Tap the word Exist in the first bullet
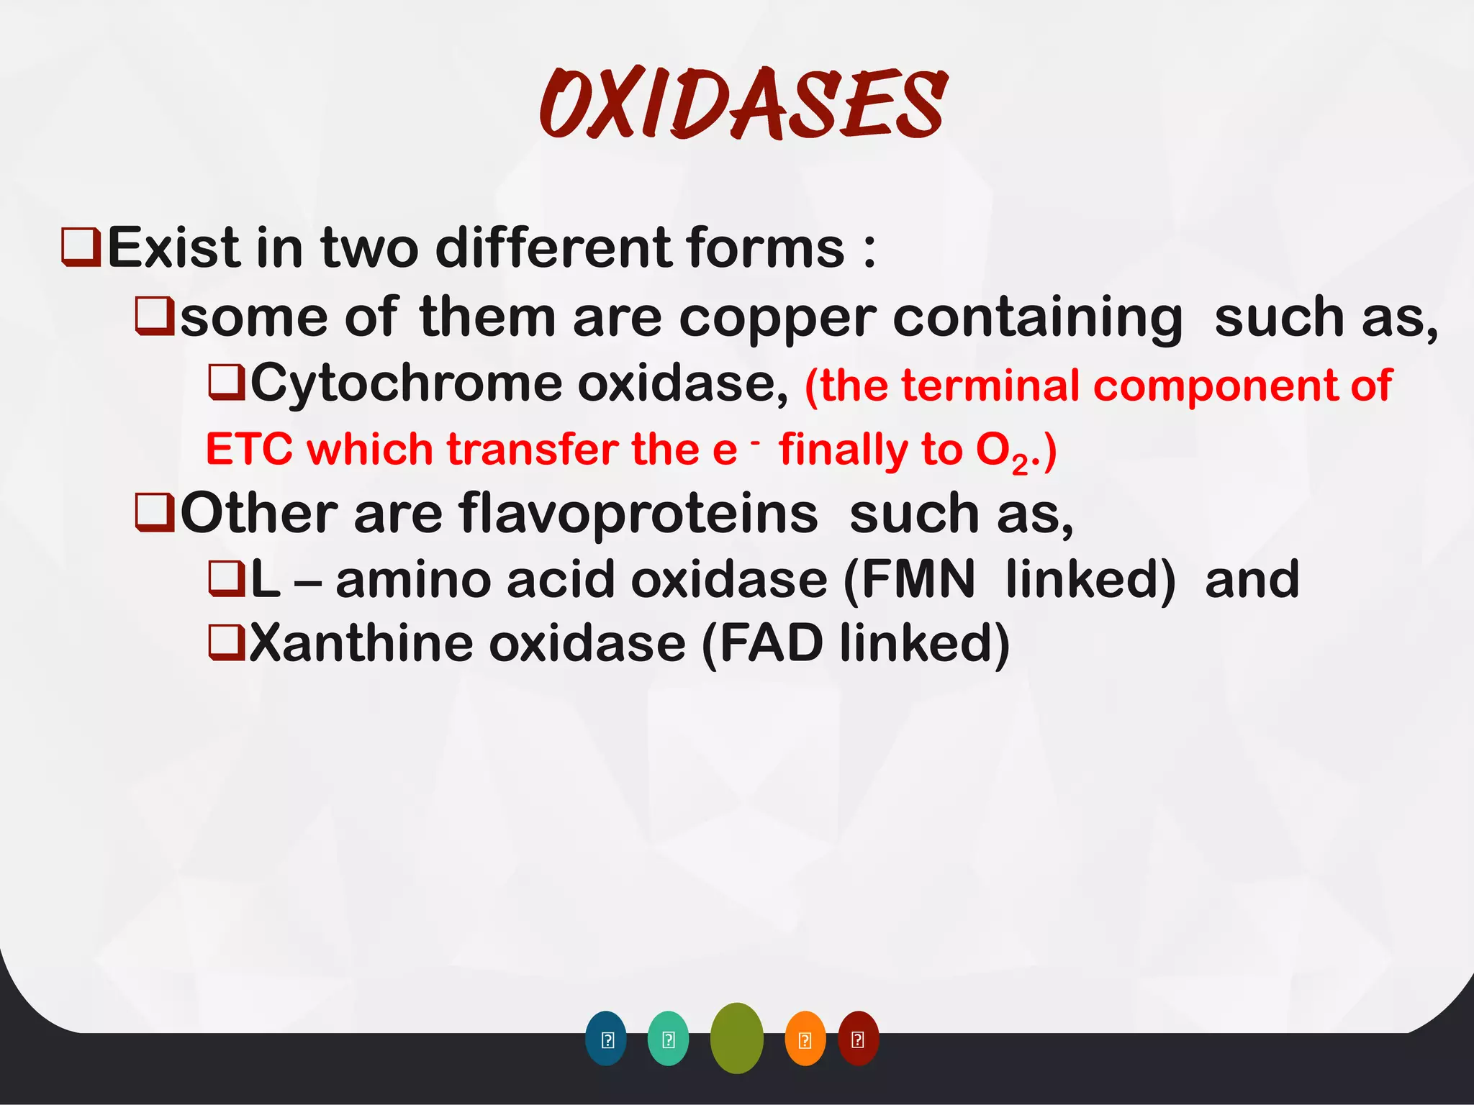click(x=173, y=248)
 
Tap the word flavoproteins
click(x=638, y=514)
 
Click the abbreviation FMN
click(x=918, y=580)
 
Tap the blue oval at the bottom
click(x=606, y=1038)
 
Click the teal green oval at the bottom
click(x=668, y=1038)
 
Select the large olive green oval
click(x=736, y=1038)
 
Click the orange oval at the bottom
click(x=805, y=1038)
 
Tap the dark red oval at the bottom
click(x=858, y=1038)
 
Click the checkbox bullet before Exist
click(x=81, y=247)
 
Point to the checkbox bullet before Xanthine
click(x=226, y=643)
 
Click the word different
click(x=553, y=248)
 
